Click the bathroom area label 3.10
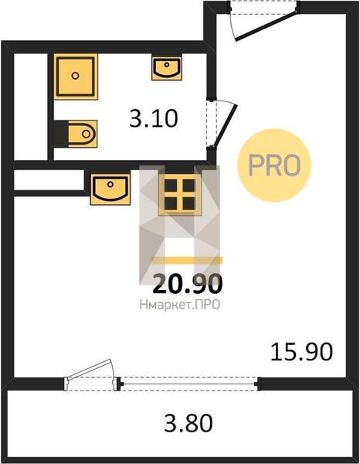[154, 118]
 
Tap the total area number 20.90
[188, 284]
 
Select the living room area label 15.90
[302, 352]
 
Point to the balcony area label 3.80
[188, 423]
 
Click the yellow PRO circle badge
[274, 165]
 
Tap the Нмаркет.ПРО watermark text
[180, 305]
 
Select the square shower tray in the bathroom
[76, 77]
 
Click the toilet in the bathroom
[82, 134]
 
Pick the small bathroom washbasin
[167, 68]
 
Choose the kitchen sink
[110, 189]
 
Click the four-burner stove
[180, 194]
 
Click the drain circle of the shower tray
[76, 76]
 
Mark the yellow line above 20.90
[187, 260]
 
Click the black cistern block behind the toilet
[61, 134]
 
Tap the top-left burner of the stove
[171, 186]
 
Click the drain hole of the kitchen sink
[110, 184]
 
